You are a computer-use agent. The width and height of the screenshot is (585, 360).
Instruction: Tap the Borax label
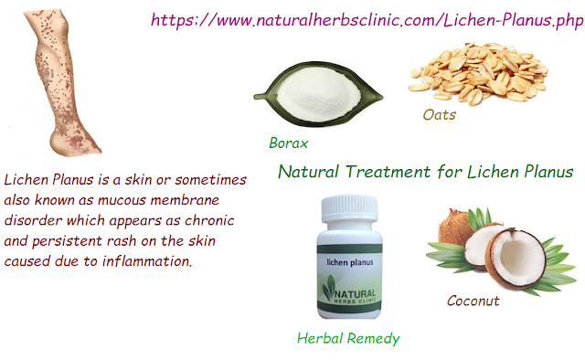[288, 143]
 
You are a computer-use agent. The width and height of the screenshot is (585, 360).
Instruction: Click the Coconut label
[473, 300]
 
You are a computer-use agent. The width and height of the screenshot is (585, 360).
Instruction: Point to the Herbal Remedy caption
[348, 338]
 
